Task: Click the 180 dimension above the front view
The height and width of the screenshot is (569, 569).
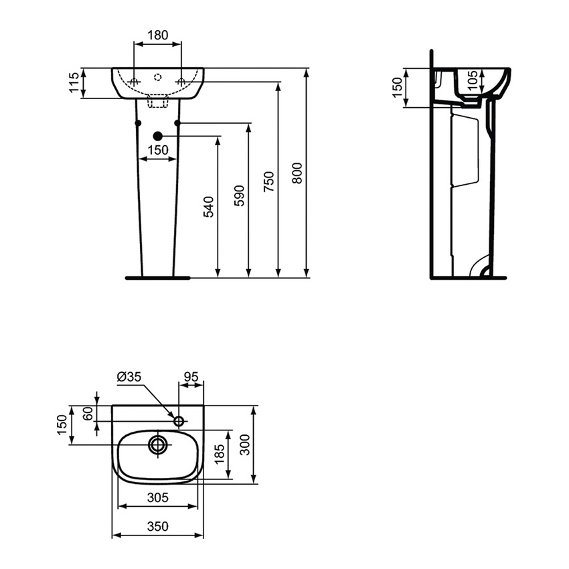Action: click(157, 35)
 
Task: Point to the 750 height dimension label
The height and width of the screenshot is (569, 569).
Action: click(269, 182)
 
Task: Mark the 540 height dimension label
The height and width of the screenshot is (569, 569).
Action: click(208, 207)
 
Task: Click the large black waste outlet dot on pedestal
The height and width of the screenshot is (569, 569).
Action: click(158, 137)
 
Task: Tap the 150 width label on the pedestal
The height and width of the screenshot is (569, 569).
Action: click(158, 151)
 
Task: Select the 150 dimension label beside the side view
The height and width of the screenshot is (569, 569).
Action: click(397, 87)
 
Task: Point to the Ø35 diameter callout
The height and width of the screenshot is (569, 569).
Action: click(129, 378)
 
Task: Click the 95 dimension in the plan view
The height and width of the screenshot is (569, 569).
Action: click(191, 378)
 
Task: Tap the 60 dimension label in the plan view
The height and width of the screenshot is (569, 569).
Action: click(88, 413)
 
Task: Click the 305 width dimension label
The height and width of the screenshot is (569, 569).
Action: click(157, 498)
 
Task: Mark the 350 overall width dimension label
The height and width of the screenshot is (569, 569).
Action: click(157, 527)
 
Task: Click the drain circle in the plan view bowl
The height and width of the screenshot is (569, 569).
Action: click(159, 444)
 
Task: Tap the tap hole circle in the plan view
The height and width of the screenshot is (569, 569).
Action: click(179, 421)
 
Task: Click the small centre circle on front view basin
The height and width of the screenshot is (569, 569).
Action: click(158, 77)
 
